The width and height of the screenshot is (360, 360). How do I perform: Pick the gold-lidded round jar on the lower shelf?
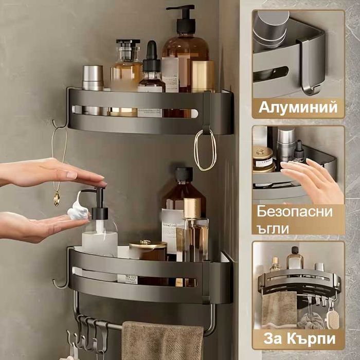coord(147,250)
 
